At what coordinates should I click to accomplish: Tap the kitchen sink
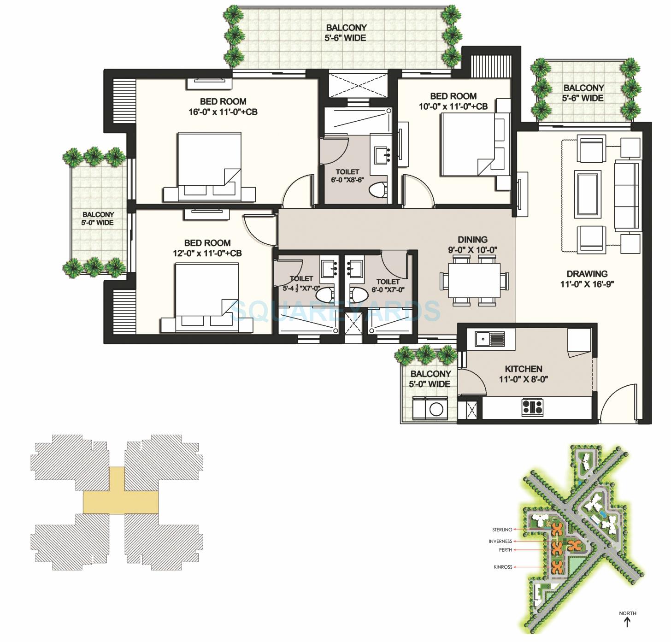pos(483,340)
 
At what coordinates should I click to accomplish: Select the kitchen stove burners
pos(532,406)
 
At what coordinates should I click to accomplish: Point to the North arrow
pos(627,622)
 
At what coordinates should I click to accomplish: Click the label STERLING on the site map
pos(502,530)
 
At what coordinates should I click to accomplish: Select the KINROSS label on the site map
pos(503,567)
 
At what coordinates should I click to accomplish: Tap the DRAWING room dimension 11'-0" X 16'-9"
pos(587,284)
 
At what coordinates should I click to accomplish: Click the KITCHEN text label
pos(524,369)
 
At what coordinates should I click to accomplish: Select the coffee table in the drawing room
pos(588,194)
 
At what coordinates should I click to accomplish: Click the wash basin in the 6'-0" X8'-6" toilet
pos(383,154)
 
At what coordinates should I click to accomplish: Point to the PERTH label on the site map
pos(505,550)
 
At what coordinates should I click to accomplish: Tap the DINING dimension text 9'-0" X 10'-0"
pos(472,250)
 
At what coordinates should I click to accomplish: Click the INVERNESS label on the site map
pos(500,541)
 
